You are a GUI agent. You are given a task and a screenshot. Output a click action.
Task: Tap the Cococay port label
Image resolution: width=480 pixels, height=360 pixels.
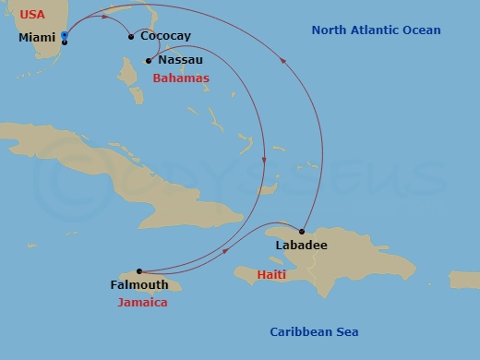pyautogui.click(x=166, y=36)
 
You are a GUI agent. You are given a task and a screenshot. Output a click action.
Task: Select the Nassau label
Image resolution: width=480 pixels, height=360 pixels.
pyautogui.click(x=181, y=60)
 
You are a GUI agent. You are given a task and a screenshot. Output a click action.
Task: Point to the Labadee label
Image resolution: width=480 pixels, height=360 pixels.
pyautogui.click(x=301, y=246)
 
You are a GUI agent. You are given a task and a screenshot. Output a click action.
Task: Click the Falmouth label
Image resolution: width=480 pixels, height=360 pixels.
pyautogui.click(x=138, y=285)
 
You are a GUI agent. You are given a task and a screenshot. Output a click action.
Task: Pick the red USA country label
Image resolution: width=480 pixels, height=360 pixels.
pyautogui.click(x=32, y=15)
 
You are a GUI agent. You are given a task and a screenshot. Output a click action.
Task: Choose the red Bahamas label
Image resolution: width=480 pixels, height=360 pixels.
pyautogui.click(x=180, y=78)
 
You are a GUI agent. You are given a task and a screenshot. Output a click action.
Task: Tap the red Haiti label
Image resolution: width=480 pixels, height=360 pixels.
pyautogui.click(x=271, y=275)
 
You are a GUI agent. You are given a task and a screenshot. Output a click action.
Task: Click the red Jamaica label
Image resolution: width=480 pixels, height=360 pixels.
pyautogui.click(x=142, y=302)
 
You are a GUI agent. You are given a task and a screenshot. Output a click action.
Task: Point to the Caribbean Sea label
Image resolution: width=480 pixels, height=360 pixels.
pyautogui.click(x=314, y=332)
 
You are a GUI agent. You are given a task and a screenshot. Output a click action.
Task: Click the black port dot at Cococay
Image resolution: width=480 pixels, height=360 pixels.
pyautogui.click(x=131, y=37)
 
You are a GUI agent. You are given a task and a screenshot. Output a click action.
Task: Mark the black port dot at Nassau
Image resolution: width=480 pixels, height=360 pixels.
pyautogui.click(x=148, y=61)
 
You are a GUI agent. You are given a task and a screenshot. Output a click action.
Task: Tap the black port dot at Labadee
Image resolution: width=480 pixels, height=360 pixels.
pyautogui.click(x=302, y=231)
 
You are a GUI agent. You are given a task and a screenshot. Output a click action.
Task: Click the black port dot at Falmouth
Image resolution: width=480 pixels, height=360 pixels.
pyautogui.click(x=139, y=271)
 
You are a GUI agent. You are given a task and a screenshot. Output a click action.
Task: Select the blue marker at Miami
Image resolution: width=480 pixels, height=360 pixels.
pyautogui.click(x=64, y=36)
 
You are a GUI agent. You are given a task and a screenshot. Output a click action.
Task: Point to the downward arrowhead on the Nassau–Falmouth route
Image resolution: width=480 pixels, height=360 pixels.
pyautogui.click(x=265, y=160)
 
